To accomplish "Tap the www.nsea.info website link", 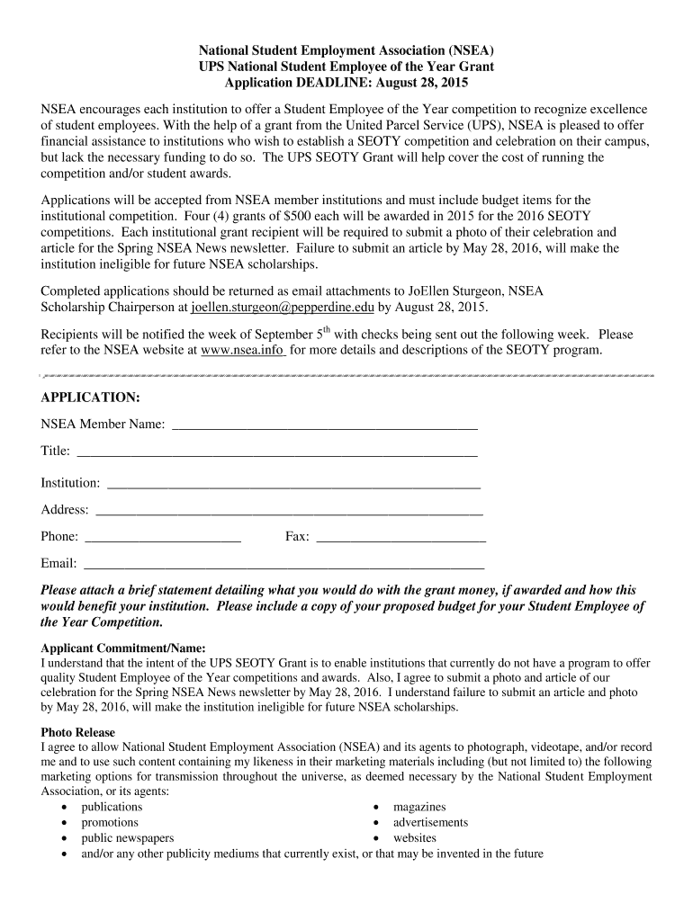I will point(243,349).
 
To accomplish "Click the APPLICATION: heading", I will point(90,397).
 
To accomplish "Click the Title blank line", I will point(277,453).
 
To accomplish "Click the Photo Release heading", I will point(77,733).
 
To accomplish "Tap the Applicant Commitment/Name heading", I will point(123,648).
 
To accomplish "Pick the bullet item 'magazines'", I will point(419,807).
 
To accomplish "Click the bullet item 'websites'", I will point(414,837).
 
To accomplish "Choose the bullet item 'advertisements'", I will point(430,822).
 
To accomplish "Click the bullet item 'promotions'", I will point(110,822).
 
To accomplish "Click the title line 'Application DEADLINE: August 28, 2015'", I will point(346,83).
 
